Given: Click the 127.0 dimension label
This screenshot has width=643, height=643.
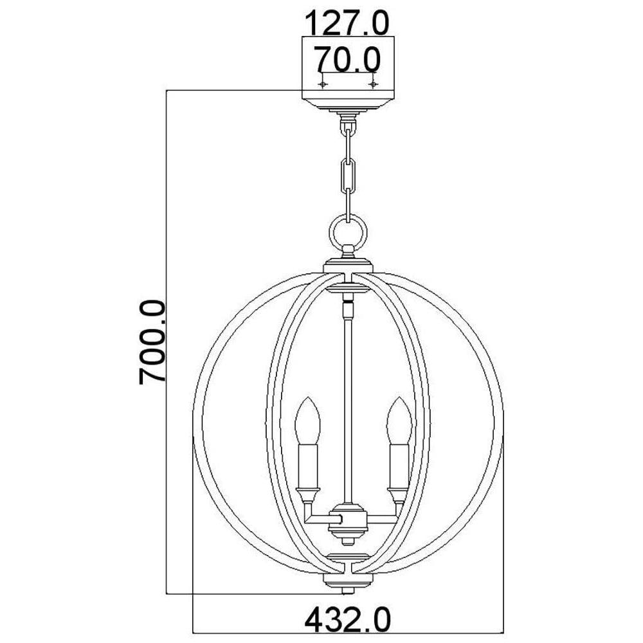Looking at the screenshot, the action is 347,23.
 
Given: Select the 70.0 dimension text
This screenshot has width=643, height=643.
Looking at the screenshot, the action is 347,59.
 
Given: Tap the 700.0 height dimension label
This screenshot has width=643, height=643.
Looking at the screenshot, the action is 152,343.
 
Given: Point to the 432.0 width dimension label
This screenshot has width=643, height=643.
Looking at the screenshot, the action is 348,620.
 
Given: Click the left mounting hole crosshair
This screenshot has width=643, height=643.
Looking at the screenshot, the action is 323,84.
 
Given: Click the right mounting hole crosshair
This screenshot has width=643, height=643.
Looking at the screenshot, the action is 373,84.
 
